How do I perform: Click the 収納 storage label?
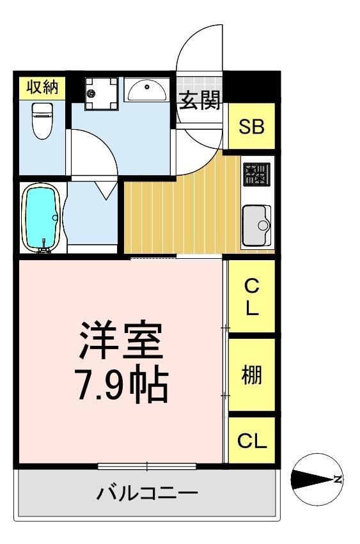tap(42, 88)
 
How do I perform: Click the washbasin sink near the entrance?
tap(147, 89)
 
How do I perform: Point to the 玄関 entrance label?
tap(200, 100)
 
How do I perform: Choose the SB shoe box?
tap(251, 127)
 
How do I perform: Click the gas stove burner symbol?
tap(256, 174)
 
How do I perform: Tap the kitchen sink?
tap(257, 224)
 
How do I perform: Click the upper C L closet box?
tap(251, 297)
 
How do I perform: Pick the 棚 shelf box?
tap(251, 375)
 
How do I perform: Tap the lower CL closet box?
tap(251, 440)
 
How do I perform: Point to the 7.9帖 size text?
tap(121, 384)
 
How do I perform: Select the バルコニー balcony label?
tap(147, 493)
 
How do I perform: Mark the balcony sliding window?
tap(147, 465)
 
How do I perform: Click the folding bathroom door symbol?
tap(103, 189)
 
